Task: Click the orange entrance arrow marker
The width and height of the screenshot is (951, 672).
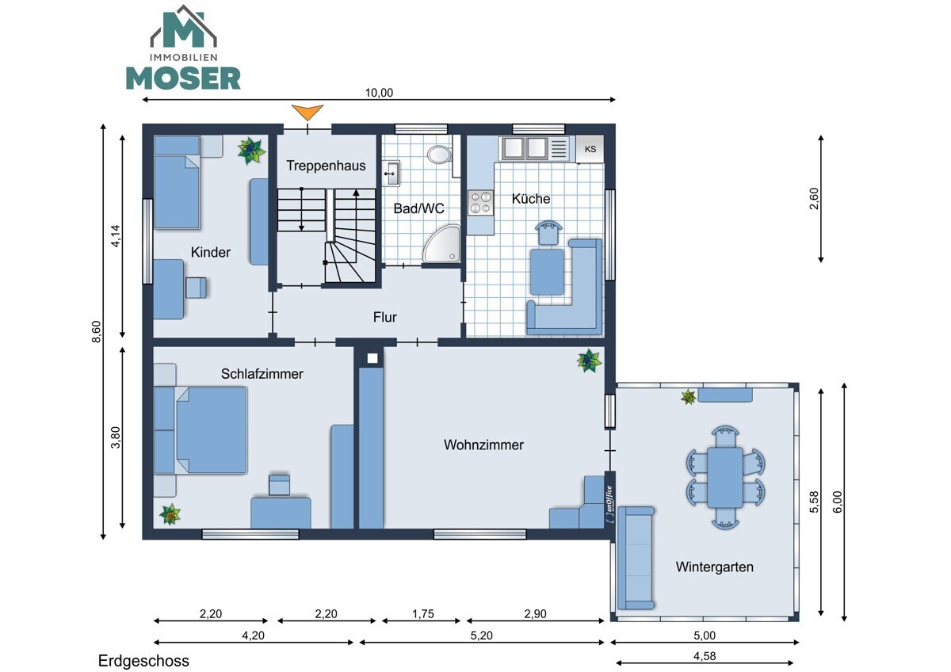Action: (x=307, y=112)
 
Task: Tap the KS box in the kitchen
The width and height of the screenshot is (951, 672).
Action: (x=590, y=149)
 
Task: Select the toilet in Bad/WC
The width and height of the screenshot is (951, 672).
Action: (x=439, y=155)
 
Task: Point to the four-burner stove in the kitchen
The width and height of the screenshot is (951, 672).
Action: (x=480, y=203)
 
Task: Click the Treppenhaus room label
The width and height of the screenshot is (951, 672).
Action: (x=326, y=166)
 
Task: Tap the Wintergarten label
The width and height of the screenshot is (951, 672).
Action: (x=715, y=567)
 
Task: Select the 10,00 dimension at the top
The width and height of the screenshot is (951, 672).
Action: (x=379, y=93)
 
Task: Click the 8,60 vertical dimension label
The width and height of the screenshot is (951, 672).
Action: (x=97, y=331)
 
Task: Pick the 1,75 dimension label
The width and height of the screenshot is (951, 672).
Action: (x=423, y=614)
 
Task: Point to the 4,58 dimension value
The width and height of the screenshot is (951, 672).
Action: (x=705, y=656)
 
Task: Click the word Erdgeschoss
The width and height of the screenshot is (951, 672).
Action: (x=143, y=661)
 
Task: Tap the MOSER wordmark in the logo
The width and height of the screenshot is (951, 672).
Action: (x=183, y=78)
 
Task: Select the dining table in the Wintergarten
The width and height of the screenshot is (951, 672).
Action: (x=725, y=478)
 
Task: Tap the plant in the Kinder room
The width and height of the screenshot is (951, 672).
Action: (x=251, y=150)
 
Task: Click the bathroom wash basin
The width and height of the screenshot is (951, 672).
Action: (x=391, y=174)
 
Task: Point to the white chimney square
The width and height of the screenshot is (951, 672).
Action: (x=372, y=358)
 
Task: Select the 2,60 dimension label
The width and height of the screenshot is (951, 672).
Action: (x=814, y=199)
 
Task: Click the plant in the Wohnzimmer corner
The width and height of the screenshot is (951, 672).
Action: (x=589, y=361)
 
